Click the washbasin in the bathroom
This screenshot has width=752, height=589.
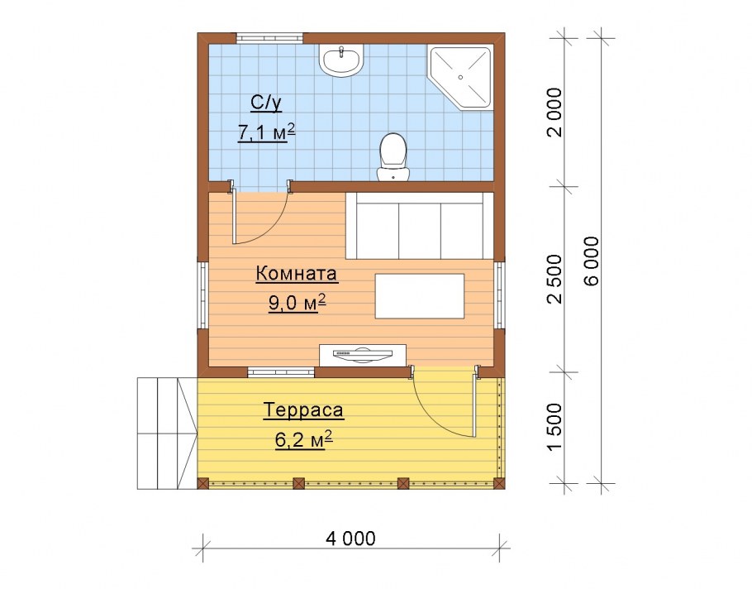341,60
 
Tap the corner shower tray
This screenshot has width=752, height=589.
460,77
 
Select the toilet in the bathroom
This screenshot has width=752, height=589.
393,157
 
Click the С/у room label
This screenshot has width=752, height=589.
266,103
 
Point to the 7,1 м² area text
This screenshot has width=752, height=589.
266,132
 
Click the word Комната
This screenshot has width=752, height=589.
297,274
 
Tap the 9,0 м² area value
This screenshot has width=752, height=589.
297,303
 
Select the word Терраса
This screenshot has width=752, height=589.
303,410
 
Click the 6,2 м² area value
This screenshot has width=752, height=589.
304,439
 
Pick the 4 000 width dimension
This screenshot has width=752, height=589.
350,539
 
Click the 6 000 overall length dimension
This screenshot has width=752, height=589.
593,261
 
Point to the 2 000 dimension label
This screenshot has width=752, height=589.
554,113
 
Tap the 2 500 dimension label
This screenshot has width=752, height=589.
554,279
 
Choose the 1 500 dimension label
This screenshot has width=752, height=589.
554,426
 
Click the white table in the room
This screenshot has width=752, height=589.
420,296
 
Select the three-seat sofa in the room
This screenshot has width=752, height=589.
420,226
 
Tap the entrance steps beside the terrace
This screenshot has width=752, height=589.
168,433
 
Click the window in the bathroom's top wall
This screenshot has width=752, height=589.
270,38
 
